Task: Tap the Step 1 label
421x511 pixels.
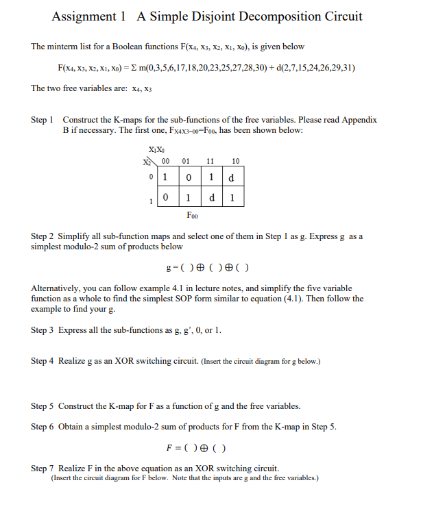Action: point(43,120)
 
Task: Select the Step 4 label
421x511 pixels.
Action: point(43,361)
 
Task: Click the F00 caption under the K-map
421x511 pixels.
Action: point(193,214)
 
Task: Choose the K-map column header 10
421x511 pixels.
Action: point(235,162)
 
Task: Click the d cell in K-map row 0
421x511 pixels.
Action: point(234,177)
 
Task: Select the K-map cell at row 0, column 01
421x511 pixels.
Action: point(186,177)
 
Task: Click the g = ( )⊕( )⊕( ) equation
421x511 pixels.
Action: point(208,267)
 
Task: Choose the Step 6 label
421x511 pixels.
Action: point(43,427)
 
